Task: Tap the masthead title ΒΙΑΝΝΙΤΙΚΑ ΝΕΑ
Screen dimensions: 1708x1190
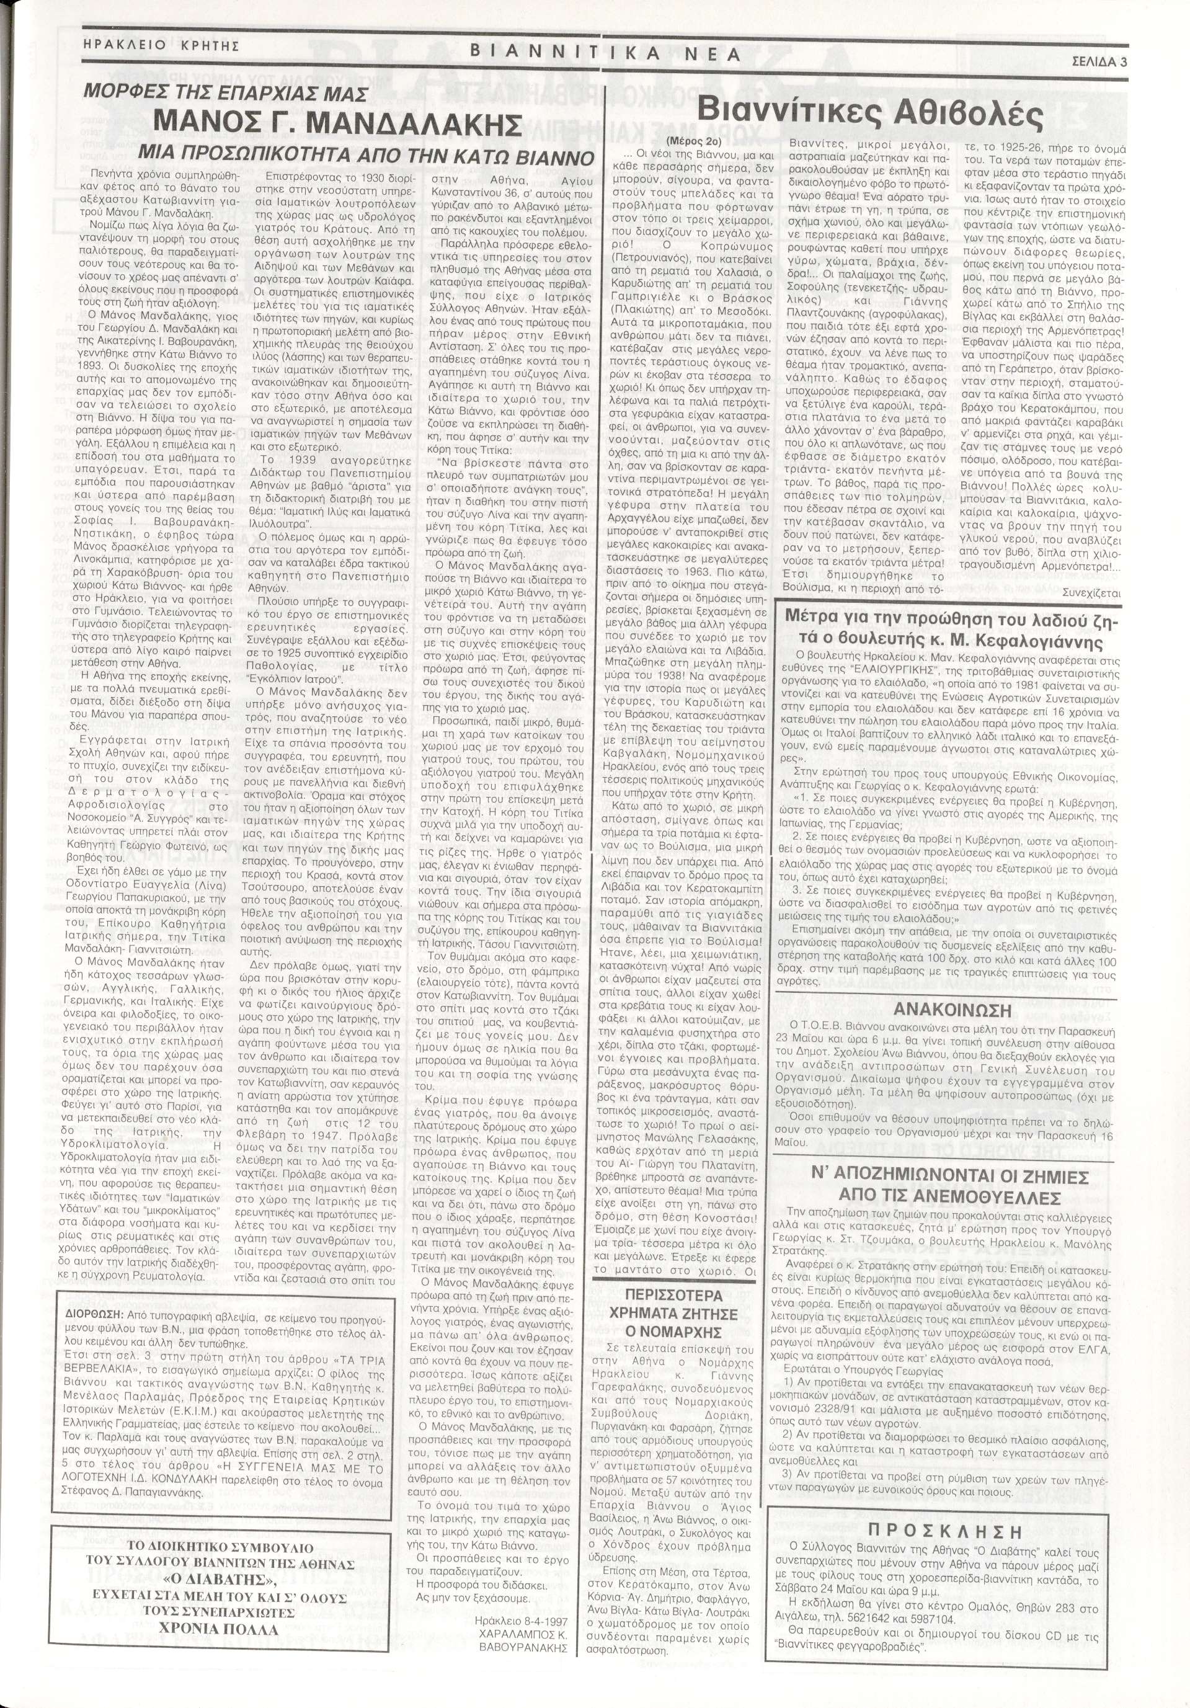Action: [x=605, y=53]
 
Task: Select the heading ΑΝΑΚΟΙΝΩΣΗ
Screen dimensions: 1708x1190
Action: [x=941, y=1010]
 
